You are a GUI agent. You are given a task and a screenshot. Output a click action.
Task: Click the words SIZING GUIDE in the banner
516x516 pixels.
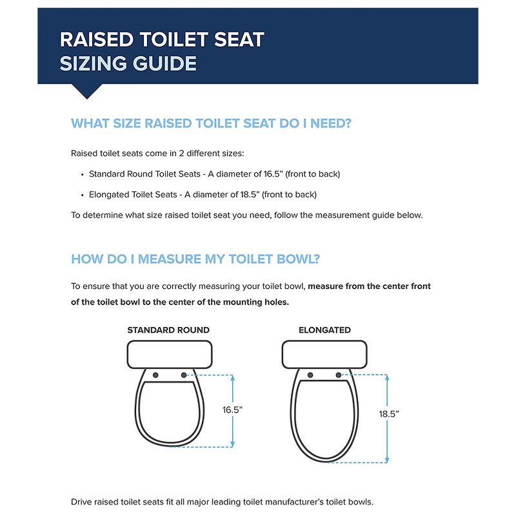[x=128, y=64]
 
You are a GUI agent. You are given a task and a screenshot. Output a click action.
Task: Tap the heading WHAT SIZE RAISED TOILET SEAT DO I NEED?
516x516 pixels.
[x=211, y=123]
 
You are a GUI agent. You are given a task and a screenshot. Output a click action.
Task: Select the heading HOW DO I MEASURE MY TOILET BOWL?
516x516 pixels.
[x=195, y=259]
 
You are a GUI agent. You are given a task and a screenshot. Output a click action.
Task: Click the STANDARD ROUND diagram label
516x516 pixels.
[x=168, y=330]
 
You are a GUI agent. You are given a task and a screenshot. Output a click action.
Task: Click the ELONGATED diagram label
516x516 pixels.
[x=324, y=330]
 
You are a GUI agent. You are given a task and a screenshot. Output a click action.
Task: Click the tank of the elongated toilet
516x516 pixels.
[x=324, y=354]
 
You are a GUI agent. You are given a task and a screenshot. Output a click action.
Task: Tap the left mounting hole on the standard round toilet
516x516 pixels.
[x=155, y=375]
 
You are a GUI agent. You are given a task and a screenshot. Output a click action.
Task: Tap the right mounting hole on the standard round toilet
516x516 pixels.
[x=184, y=375]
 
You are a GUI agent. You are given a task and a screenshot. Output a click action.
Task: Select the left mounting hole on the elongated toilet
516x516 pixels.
[x=310, y=375]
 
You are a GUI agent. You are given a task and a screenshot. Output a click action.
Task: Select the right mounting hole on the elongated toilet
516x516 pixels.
[x=339, y=375]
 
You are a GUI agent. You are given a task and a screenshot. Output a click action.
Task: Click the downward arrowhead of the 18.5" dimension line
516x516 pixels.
[x=386, y=459]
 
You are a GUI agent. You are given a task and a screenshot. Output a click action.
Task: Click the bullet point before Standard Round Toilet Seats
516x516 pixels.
[x=82, y=175]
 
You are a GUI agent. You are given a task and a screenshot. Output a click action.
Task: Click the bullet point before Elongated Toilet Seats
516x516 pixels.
[x=82, y=195]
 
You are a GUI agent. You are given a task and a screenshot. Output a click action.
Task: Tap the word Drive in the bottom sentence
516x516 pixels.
[x=82, y=501]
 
